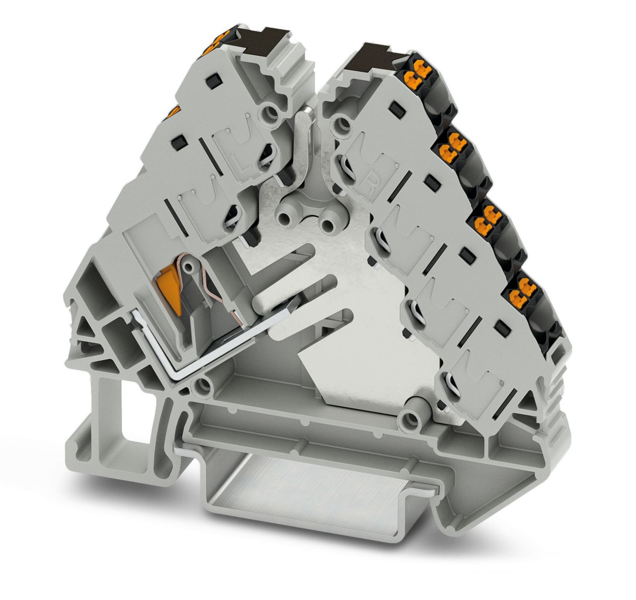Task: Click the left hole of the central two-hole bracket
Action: [283, 213]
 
